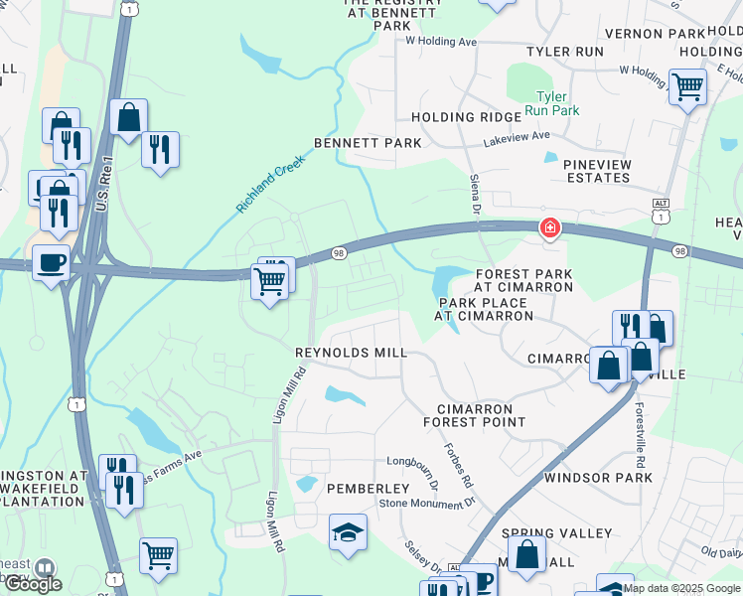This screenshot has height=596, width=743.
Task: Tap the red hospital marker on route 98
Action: [547, 229]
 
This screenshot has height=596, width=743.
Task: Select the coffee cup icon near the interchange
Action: [52, 263]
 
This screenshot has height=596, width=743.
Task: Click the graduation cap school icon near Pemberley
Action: [348, 533]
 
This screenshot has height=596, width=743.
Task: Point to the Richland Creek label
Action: [269, 186]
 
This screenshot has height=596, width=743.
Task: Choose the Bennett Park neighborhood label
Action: [368, 143]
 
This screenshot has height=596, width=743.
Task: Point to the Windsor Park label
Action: [598, 478]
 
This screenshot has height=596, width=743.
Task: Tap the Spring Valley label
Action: [557, 533]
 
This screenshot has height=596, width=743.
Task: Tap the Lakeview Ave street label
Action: [516, 139]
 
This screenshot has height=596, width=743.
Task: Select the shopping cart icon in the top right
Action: [686, 86]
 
